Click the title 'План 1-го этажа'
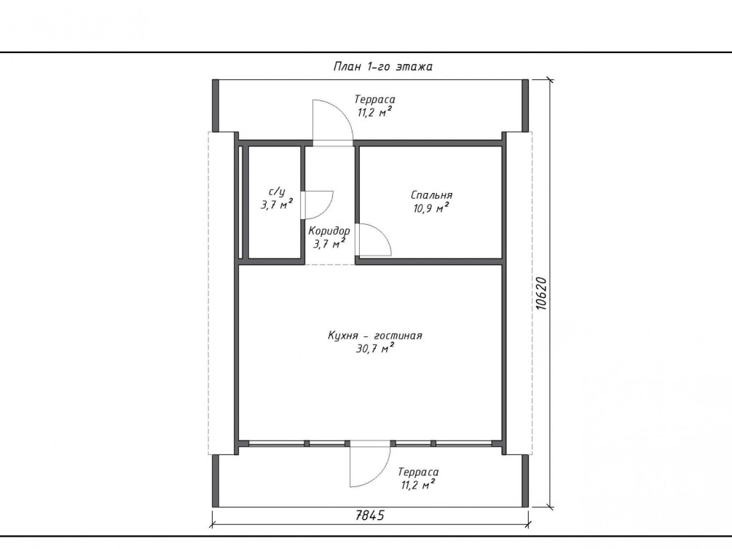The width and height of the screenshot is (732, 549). [383, 66]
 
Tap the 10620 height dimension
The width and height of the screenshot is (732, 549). [540, 293]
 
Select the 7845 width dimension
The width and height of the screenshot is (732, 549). [370, 516]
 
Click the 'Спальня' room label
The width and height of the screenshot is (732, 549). [431, 194]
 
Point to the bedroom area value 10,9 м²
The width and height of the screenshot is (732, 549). [431, 208]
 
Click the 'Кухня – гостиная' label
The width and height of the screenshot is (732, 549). [375, 336]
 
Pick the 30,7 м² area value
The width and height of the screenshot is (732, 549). [375, 348]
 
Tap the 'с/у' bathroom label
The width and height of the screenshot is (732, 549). [276, 192]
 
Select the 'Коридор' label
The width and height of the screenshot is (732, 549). [329, 231]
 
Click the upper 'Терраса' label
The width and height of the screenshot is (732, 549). [375, 100]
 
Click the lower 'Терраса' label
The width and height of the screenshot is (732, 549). [418, 472]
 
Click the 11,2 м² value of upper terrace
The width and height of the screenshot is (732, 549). [374, 112]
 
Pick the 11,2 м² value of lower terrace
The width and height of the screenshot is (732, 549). [418, 485]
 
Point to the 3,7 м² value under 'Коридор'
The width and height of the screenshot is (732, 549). [329, 243]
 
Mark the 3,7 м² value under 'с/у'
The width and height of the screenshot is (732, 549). [277, 205]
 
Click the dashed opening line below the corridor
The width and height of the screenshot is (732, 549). [330, 265]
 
